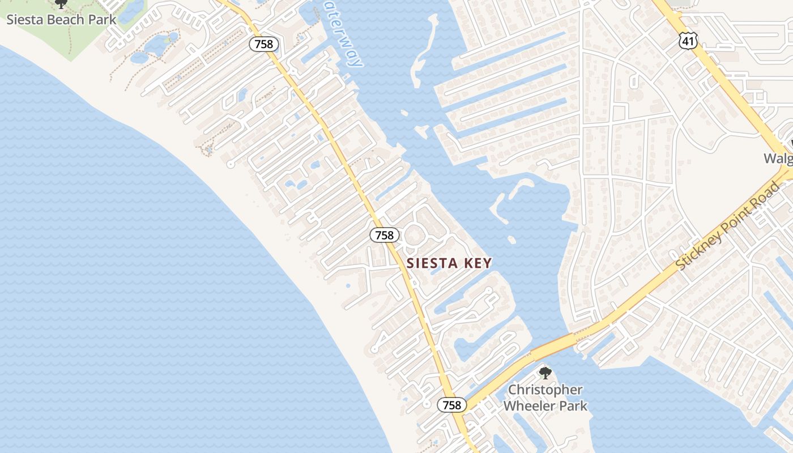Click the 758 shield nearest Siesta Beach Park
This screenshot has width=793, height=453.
pos(264,44)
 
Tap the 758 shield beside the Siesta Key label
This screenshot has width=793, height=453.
pos(384,235)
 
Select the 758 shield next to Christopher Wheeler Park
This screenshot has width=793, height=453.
pos(451,405)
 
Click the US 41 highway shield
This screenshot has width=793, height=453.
pos(688,40)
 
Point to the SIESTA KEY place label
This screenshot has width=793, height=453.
pos(449,263)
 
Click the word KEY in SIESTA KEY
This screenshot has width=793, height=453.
pos(478,263)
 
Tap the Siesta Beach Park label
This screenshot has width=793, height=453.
pos(61,20)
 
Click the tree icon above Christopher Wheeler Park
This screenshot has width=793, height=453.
pos(545,373)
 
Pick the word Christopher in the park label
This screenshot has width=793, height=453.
pos(545,390)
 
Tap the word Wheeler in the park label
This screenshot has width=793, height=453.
pos(528,406)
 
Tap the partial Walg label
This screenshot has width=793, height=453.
pos(778,158)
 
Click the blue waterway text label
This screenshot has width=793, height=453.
pos(343,34)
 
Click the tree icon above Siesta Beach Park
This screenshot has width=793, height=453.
pos(61,4)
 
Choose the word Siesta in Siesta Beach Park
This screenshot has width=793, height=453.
pos(23,20)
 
